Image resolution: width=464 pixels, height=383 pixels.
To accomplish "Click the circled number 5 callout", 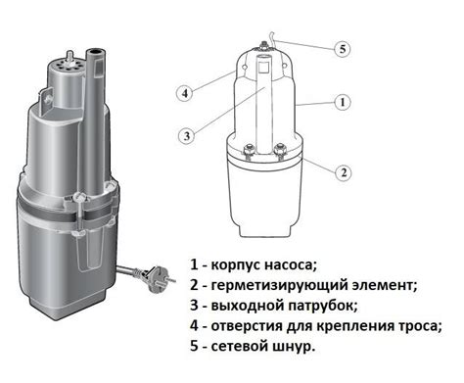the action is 343,49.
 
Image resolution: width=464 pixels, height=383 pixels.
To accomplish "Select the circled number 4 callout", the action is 185,93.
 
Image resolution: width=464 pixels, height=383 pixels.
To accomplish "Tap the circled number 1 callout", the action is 343,103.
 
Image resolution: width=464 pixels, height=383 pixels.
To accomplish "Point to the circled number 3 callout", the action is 187,135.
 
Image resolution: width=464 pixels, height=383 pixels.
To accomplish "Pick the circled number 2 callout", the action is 344,172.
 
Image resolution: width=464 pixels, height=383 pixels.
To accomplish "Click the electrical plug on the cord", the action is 156,277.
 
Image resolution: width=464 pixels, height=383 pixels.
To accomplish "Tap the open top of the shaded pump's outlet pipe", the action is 96,52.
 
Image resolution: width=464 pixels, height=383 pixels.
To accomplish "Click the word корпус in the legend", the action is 236,265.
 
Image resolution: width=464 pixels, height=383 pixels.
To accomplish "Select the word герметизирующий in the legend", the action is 279,286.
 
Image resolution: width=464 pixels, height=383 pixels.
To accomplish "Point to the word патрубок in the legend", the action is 322,306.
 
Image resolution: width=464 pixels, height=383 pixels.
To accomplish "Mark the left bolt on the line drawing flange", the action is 249,150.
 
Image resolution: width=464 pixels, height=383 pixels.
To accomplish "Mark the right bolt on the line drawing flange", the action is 280,150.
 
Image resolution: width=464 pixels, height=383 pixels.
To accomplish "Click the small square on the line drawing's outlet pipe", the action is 264,68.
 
